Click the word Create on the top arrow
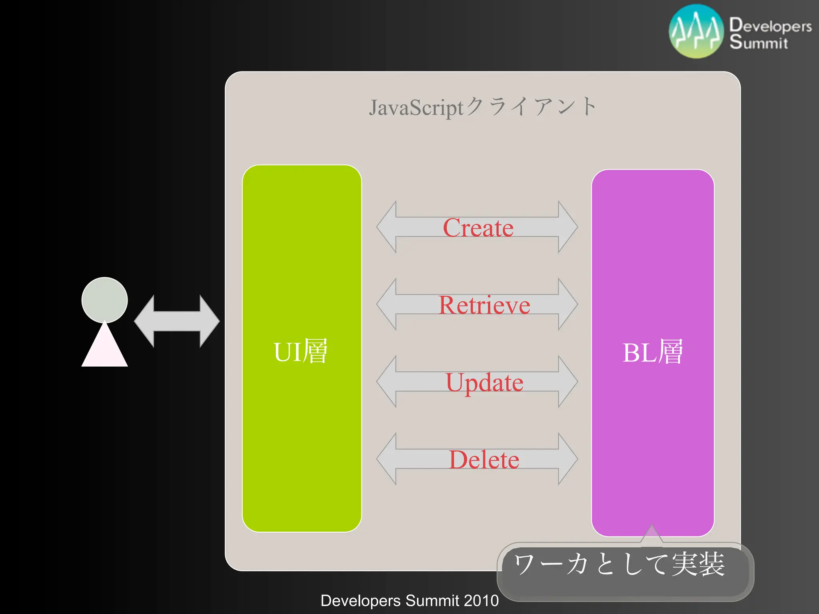(x=478, y=228)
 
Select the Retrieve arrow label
(x=484, y=305)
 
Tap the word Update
(x=484, y=383)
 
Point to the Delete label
(x=484, y=460)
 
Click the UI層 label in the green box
(x=301, y=351)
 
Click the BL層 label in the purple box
(x=653, y=352)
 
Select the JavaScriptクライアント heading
(x=483, y=107)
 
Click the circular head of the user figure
(x=104, y=300)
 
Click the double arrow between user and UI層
(x=177, y=321)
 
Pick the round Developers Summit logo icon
(x=696, y=32)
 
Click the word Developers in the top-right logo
(x=770, y=25)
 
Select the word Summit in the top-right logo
(x=758, y=42)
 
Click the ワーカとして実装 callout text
(x=619, y=564)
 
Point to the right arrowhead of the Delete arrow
(x=567, y=459)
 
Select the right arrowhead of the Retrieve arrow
(x=567, y=304)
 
